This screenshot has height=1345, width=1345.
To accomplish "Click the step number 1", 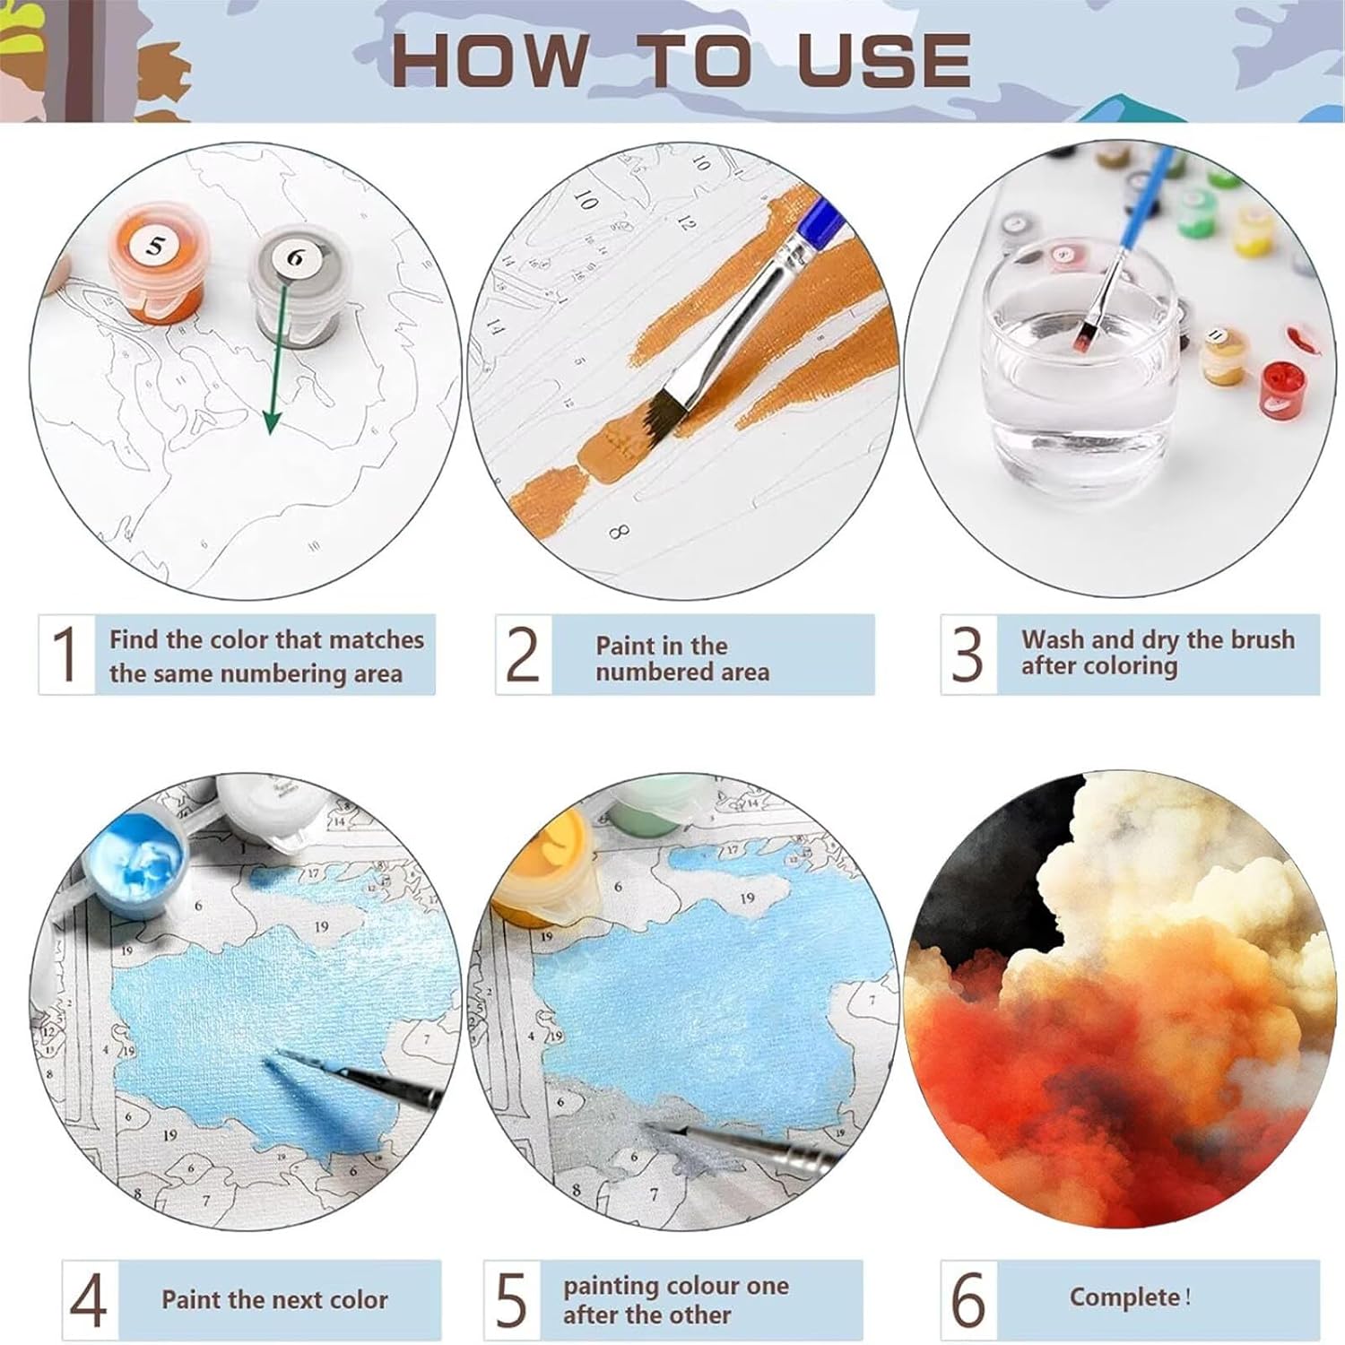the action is point(65,654).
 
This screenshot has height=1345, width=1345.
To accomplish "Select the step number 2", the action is point(523,654).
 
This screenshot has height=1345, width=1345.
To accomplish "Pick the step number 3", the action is point(968,654).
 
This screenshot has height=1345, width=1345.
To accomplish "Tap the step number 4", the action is point(88,1300).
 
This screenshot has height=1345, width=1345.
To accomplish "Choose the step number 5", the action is point(511,1300).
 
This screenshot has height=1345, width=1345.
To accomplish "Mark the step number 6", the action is point(968,1299).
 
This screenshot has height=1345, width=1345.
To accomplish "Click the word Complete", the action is point(1125,1298).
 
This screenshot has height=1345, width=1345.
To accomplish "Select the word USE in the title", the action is point(883,61).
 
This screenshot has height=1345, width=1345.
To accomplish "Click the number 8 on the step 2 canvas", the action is point(618,532).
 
